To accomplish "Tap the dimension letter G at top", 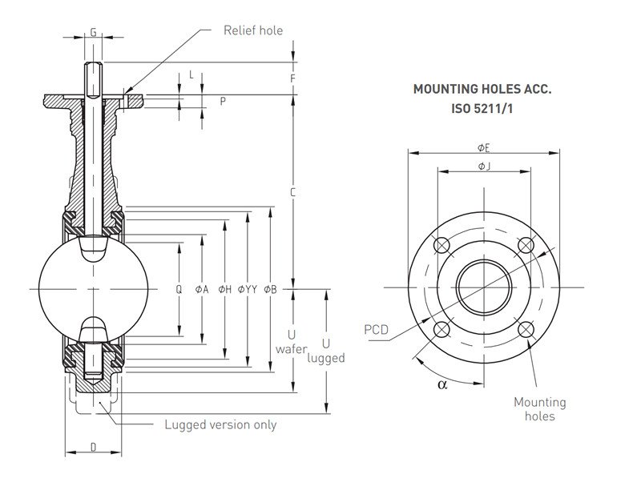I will click(93, 32).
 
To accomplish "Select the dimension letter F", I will click(294, 78).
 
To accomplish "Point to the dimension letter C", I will click(294, 192).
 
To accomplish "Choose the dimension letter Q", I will click(179, 289).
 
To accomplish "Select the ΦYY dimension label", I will click(247, 289).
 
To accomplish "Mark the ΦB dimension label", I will click(270, 289).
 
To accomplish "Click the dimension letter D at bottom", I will click(93, 446).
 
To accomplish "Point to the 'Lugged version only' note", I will click(220, 424).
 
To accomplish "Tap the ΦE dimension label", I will click(483, 147).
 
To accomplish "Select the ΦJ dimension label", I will click(483, 166).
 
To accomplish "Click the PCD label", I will click(377, 329).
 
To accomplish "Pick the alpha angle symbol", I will click(441, 384).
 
